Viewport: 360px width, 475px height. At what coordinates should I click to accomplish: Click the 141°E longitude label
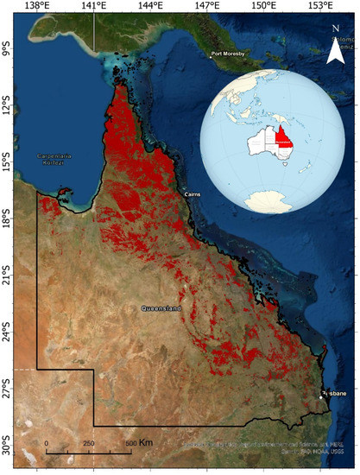click(93, 6)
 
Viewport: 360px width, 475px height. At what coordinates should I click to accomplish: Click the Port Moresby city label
click(231, 55)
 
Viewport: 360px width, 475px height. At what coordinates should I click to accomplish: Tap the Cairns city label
click(193, 196)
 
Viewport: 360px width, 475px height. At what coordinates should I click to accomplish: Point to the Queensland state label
click(161, 307)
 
